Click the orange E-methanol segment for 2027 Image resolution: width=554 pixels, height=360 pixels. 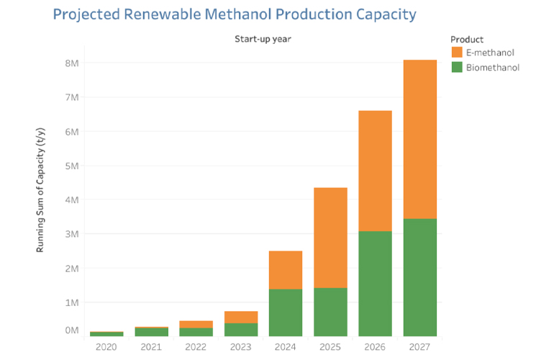pos(419,139)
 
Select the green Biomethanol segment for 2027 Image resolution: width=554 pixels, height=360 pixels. pos(419,277)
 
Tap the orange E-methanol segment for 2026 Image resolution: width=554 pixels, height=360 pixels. pos(375,171)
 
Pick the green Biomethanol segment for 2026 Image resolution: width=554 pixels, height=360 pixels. pos(375,284)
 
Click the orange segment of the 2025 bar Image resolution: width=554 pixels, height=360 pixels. pos(330,238)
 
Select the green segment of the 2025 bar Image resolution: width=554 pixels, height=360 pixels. pos(330,312)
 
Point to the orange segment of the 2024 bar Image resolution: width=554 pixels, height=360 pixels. pos(286,270)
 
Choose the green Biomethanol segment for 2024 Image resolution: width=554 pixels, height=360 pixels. pos(286,312)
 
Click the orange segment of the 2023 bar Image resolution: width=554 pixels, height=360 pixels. pos(241,317)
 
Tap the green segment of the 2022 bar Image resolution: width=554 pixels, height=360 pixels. pos(196,332)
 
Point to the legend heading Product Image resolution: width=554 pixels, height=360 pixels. pos(466,39)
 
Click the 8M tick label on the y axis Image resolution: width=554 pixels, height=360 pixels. pos(72,63)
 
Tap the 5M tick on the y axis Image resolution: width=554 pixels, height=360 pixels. pos(72,166)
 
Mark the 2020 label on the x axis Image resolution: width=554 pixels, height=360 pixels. pos(106,347)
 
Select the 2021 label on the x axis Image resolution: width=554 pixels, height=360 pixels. pos(151,347)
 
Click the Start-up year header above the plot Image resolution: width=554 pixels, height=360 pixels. pos(262,39)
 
